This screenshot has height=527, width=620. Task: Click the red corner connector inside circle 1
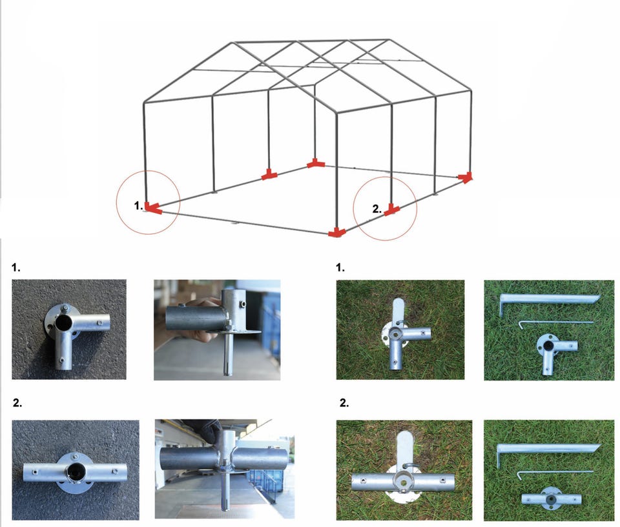coord(152,208)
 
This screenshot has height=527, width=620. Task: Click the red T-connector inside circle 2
coord(391,210)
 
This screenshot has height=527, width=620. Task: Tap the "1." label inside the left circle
coord(138,205)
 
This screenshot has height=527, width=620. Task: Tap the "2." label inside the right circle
coord(377,208)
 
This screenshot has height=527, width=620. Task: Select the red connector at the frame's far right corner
coord(466,177)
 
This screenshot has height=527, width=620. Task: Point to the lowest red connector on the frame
coord(337,232)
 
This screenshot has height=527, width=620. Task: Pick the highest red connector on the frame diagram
coord(316,163)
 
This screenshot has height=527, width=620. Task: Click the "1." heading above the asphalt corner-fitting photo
coord(15,268)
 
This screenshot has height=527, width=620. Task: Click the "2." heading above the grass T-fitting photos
coord(344,403)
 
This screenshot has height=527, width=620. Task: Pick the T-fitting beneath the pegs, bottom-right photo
coord(551,498)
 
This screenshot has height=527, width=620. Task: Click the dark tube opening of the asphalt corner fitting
coord(63,323)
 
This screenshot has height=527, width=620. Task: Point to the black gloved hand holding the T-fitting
coord(205,429)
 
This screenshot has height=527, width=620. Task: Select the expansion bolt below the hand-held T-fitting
coord(225,491)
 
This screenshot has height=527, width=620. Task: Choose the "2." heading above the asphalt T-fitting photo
coord(17,403)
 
